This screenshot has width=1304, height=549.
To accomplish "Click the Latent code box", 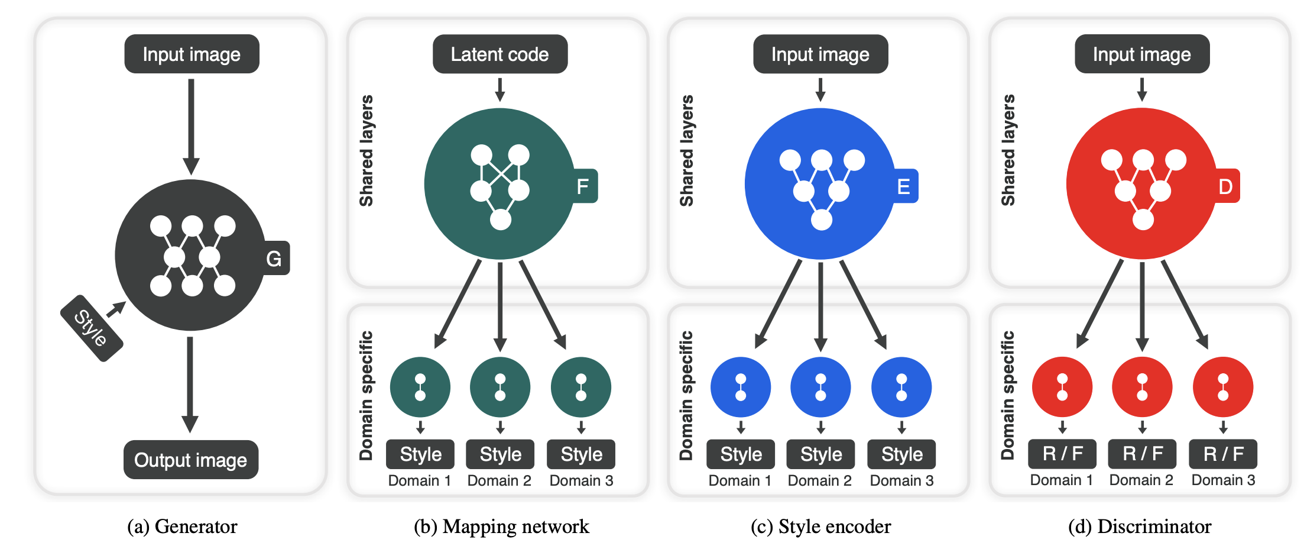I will coord(500,54).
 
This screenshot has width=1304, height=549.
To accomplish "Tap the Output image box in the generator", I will coord(190,460).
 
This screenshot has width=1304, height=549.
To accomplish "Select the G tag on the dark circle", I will coord(274,258).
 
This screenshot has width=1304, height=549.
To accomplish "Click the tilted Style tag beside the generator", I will coord(92,328).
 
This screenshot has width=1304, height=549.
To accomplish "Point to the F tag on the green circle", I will coord(583,186).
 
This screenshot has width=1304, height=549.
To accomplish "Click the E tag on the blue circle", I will coord(904,186).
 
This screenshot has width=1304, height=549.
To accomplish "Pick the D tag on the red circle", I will coord(1225,186).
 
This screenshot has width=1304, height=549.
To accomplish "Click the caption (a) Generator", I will coord(182,526).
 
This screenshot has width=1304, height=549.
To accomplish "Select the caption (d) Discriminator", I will coord(1139,526).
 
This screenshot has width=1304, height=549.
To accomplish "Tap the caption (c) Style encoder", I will coord(820,526).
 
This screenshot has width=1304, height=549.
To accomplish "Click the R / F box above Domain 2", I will coord(1142,454).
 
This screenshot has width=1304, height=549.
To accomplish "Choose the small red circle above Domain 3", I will coord(1222,387).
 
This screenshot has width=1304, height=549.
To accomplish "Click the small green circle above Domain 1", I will coord(420,387).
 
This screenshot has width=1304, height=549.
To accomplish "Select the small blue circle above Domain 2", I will coord(820,387).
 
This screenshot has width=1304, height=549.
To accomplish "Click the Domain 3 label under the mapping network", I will coord(581,480).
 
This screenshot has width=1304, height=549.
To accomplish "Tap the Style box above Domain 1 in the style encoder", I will coord(741,454).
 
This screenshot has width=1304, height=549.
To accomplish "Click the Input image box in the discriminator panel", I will coord(1141,54).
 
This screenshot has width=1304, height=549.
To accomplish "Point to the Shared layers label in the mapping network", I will coord(366,150).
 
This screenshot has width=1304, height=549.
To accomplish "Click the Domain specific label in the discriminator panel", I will coord(1008,395).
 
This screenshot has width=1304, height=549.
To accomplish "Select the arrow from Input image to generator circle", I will coord(191,124).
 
